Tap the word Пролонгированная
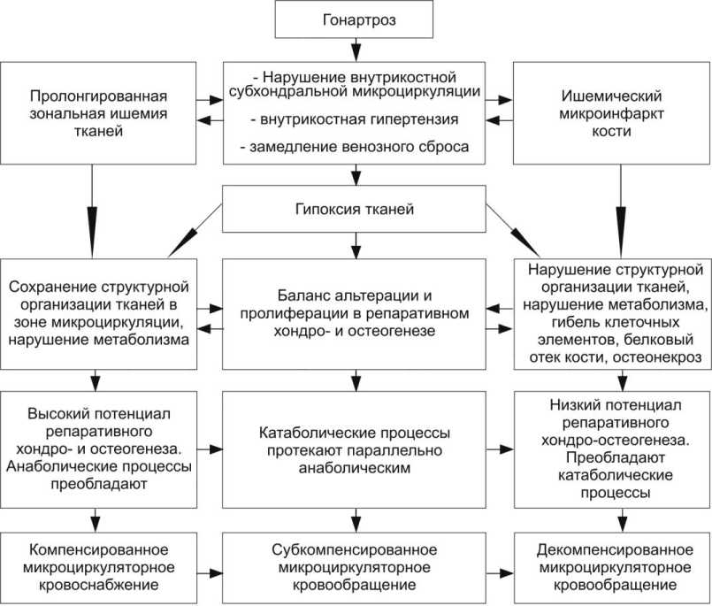pos(98,96)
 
